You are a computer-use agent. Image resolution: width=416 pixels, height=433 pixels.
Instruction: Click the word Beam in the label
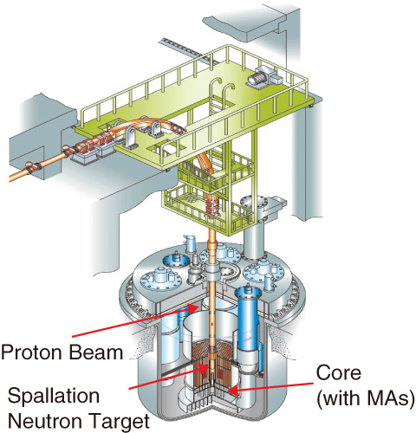pos(97,352)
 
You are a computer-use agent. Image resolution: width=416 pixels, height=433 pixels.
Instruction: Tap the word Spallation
pos(54,396)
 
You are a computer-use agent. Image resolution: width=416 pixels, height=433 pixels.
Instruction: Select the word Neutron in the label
pos(45,421)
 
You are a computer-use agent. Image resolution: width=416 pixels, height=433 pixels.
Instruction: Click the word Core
pos(339,372)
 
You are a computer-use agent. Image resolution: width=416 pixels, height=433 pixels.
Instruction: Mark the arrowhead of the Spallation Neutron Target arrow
pos(205,368)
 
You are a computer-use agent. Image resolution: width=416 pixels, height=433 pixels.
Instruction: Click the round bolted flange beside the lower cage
pos(254,203)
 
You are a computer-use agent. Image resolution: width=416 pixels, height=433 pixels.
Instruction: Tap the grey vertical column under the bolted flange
pos(254,240)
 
